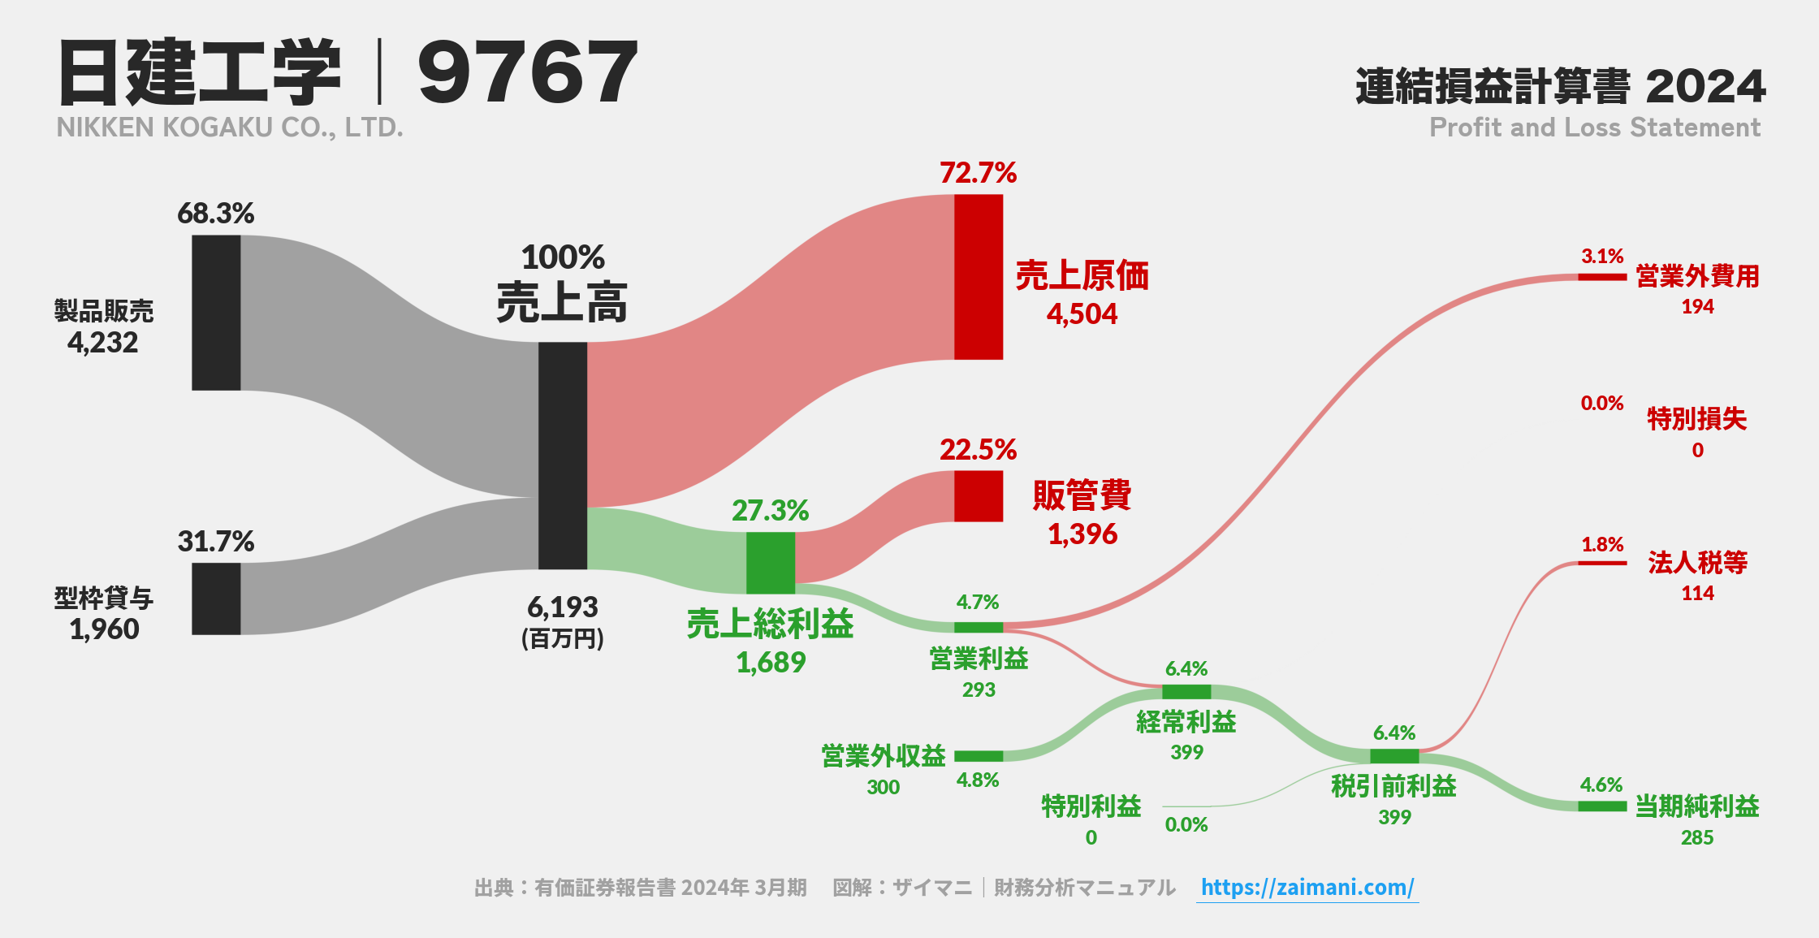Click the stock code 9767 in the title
click(528, 73)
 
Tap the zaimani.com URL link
click(1307, 887)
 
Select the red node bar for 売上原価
click(978, 277)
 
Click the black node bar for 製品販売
click(216, 313)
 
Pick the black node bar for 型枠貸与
click(216, 599)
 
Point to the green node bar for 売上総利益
click(770, 563)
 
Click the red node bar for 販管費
click(978, 496)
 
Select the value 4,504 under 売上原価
click(1082, 314)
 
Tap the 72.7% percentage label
click(978, 173)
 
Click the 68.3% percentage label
click(215, 214)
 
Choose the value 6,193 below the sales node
click(562, 607)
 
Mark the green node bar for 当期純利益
click(1601, 806)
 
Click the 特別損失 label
click(1696, 419)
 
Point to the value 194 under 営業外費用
click(1697, 307)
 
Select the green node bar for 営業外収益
click(978, 756)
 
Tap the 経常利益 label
click(1186, 722)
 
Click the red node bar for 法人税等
click(1601, 563)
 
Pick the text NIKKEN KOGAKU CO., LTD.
click(230, 128)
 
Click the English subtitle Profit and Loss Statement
click(1594, 128)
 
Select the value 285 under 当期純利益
click(1696, 837)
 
